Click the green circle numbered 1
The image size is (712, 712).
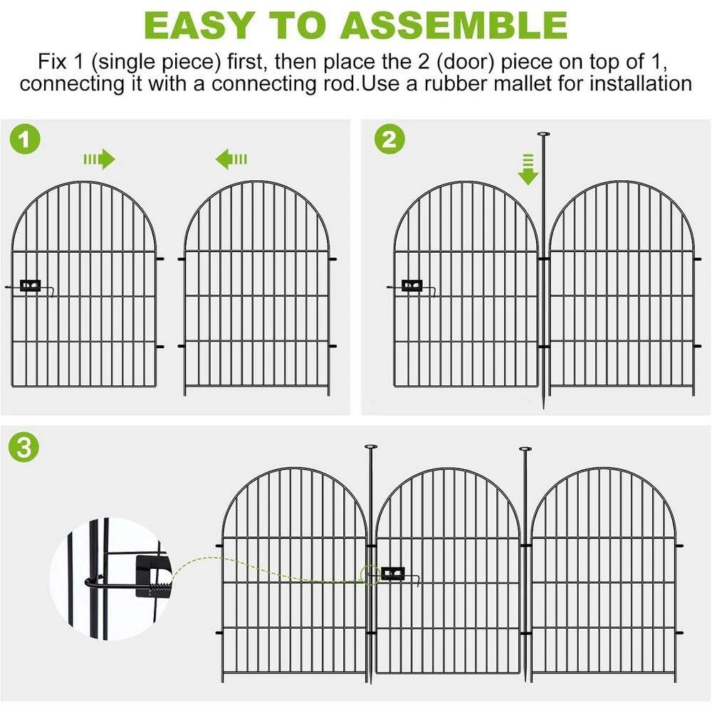(x=25, y=139)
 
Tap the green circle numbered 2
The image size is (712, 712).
(x=389, y=139)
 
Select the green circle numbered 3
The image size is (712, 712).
(x=24, y=447)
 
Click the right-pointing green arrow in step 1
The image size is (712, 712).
(x=100, y=159)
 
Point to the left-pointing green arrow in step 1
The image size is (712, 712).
(x=231, y=159)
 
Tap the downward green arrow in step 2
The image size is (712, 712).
(x=528, y=169)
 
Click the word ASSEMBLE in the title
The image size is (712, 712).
(x=454, y=25)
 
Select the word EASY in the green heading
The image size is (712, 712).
(x=199, y=25)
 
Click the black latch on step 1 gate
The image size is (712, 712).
(x=31, y=286)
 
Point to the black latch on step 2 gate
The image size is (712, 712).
(x=412, y=286)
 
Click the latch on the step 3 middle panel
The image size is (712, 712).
(x=393, y=573)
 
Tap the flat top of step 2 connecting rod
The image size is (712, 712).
(x=543, y=134)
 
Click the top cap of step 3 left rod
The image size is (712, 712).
(x=371, y=447)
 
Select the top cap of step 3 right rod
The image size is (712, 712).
(x=526, y=449)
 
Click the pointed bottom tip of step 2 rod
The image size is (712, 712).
(x=543, y=406)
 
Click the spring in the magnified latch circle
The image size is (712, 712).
(x=159, y=589)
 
